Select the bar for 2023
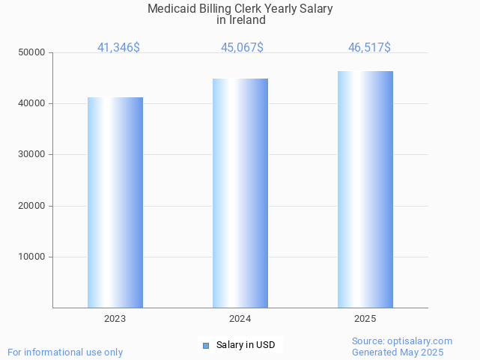point(115,202)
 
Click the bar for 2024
point(240,193)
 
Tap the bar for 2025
point(365,189)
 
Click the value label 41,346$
point(118,48)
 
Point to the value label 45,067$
point(242,48)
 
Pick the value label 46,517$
point(369,48)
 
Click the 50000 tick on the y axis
point(32,52)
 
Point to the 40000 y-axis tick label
point(32,103)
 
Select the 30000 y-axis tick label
point(32,154)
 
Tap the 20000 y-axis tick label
point(32,206)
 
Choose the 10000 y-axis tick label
point(32,257)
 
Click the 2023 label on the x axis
point(115,319)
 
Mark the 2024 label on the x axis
point(240,319)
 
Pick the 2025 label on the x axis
point(365,319)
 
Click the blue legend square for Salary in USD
point(206,346)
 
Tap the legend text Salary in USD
point(246,345)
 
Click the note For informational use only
point(65,352)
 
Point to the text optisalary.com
point(423,341)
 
